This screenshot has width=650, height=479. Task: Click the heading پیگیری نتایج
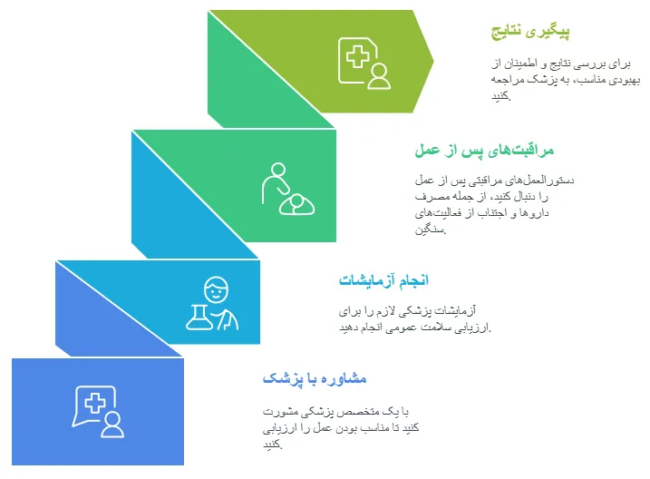(530, 32)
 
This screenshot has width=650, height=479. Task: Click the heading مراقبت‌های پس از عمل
(484, 150)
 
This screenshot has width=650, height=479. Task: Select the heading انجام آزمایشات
(383, 280)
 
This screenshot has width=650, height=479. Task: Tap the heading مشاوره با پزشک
(315, 378)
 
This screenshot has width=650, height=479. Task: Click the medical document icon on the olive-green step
(358, 61)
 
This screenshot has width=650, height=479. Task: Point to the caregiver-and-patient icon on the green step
(288, 189)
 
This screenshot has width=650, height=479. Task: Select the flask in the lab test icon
(199, 318)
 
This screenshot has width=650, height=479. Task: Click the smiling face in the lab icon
(216, 289)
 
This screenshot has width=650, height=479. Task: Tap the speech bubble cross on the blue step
(95, 403)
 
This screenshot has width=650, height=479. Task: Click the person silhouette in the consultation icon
(112, 425)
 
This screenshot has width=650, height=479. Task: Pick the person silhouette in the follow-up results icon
(379, 76)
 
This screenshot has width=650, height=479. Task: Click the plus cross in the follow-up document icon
(358, 57)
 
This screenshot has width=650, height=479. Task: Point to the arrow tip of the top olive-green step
(433, 62)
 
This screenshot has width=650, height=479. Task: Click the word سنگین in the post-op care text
(430, 229)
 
